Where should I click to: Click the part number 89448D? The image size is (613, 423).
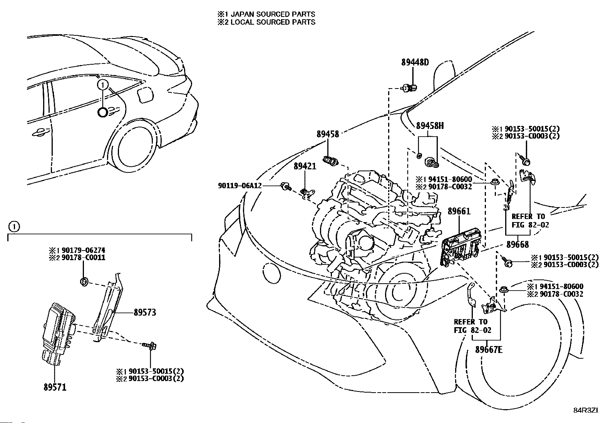(415, 62)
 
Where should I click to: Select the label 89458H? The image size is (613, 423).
(430, 126)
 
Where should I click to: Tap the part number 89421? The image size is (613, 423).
(305, 166)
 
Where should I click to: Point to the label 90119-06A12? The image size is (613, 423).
(240, 186)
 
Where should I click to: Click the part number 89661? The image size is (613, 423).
(459, 211)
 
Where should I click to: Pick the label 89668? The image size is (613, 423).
(518, 244)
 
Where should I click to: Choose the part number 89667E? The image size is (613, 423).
(489, 349)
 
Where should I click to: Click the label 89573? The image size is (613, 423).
(145, 312)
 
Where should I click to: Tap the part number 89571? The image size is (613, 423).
(55, 387)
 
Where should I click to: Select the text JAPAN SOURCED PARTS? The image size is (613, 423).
(273, 14)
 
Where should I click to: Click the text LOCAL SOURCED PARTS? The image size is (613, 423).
(273, 22)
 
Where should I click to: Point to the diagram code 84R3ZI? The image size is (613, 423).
(586, 410)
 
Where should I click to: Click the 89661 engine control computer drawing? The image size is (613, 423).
(460, 247)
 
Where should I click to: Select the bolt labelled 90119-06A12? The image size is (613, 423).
(286, 187)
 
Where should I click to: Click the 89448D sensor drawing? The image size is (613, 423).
(409, 88)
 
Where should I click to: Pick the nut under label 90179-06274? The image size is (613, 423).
(84, 281)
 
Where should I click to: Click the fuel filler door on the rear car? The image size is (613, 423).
(145, 94)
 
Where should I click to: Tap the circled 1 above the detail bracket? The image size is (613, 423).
(14, 227)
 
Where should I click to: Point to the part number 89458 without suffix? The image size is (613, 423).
(328, 134)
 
